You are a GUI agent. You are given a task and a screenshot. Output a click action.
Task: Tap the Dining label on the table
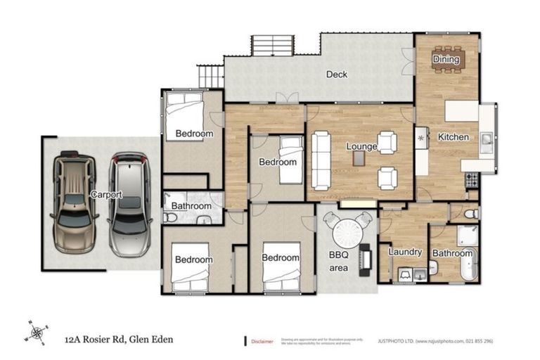446,60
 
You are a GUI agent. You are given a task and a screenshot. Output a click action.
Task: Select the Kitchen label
453,136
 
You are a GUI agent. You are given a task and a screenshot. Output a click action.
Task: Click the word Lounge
361,147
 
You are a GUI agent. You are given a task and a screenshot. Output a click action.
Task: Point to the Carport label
105,195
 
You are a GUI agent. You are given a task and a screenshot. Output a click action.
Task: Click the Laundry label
405,252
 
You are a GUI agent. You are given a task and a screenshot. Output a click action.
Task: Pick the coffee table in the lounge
359,159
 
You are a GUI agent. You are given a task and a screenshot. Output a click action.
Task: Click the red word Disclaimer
262,341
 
